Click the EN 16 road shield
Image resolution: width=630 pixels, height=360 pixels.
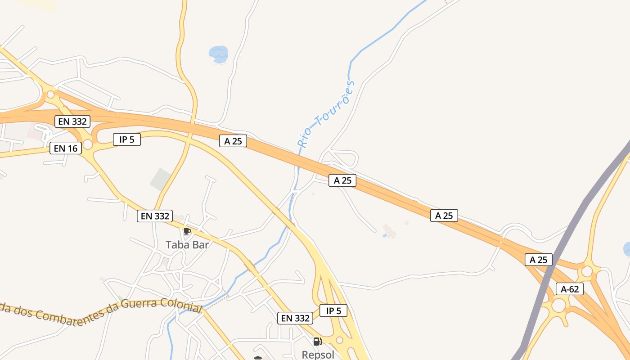(66, 148)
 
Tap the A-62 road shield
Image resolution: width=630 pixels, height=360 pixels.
(569, 289)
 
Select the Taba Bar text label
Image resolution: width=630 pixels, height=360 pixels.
(187, 245)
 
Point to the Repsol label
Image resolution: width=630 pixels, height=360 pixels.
(318, 355)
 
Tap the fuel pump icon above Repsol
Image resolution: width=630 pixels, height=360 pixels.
(317, 342)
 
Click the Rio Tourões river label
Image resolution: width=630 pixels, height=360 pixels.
(327, 115)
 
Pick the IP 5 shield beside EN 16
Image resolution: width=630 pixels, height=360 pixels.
(126, 139)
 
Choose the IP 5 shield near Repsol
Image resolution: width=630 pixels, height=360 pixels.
(333, 310)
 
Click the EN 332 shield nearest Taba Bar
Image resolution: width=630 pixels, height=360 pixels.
(155, 216)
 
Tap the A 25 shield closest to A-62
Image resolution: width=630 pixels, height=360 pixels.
(538, 260)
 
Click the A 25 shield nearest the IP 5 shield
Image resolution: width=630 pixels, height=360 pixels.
(233, 141)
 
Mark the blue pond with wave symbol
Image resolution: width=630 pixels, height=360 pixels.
(219, 54)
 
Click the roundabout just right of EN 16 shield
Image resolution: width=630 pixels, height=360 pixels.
(88, 144)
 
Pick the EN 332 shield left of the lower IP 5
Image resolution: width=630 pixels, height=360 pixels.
(295, 318)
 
